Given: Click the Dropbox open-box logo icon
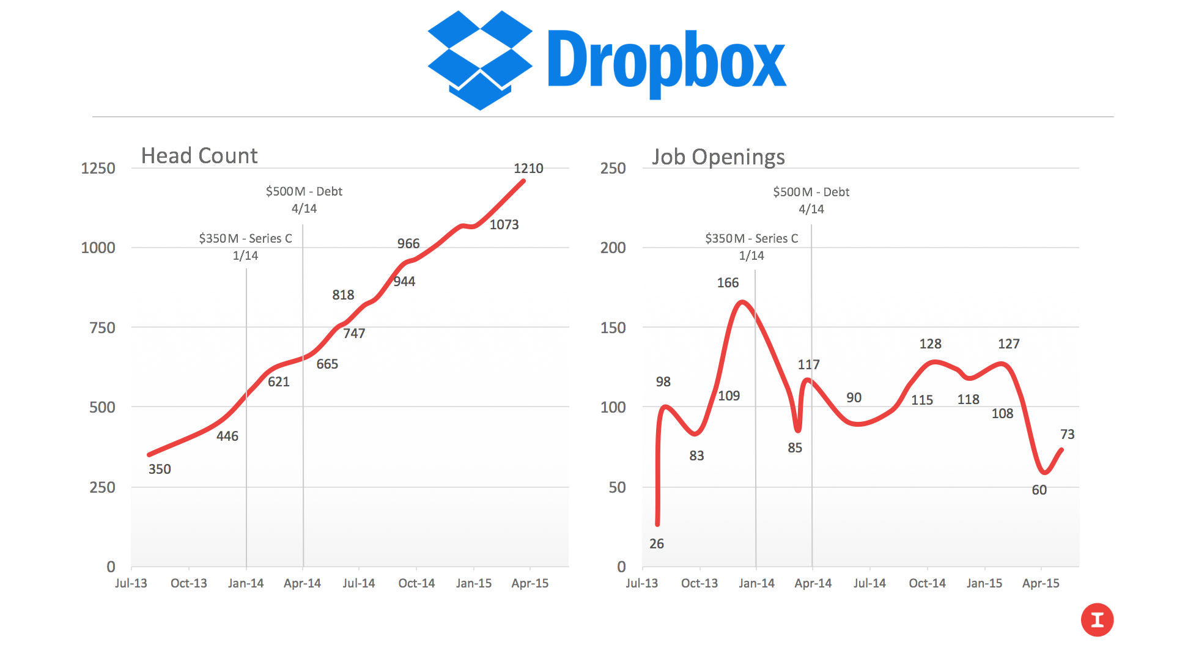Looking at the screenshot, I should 480,60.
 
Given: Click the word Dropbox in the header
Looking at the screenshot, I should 666,61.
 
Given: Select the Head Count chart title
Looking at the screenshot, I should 199,156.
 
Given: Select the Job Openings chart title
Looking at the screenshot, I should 718,157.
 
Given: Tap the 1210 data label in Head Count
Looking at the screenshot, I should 528,168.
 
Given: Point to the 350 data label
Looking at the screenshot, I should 160,469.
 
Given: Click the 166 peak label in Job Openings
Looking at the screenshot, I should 728,282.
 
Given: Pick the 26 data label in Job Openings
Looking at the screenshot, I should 656,543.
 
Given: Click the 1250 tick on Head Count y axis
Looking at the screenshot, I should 98,168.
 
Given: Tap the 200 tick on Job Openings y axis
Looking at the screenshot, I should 613,248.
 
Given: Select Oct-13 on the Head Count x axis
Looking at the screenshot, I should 188,583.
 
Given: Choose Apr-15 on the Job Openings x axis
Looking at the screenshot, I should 1040,583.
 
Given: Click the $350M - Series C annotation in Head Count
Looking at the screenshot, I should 245,238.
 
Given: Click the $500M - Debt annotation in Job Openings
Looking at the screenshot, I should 811,192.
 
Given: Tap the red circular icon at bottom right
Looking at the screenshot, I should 1097,620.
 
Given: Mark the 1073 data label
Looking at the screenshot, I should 504,224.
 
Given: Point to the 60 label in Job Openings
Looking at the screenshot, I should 1039,490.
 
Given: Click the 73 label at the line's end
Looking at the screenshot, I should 1067,434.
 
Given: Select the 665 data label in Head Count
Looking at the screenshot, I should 327,364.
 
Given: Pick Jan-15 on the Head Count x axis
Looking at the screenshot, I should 473,583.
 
